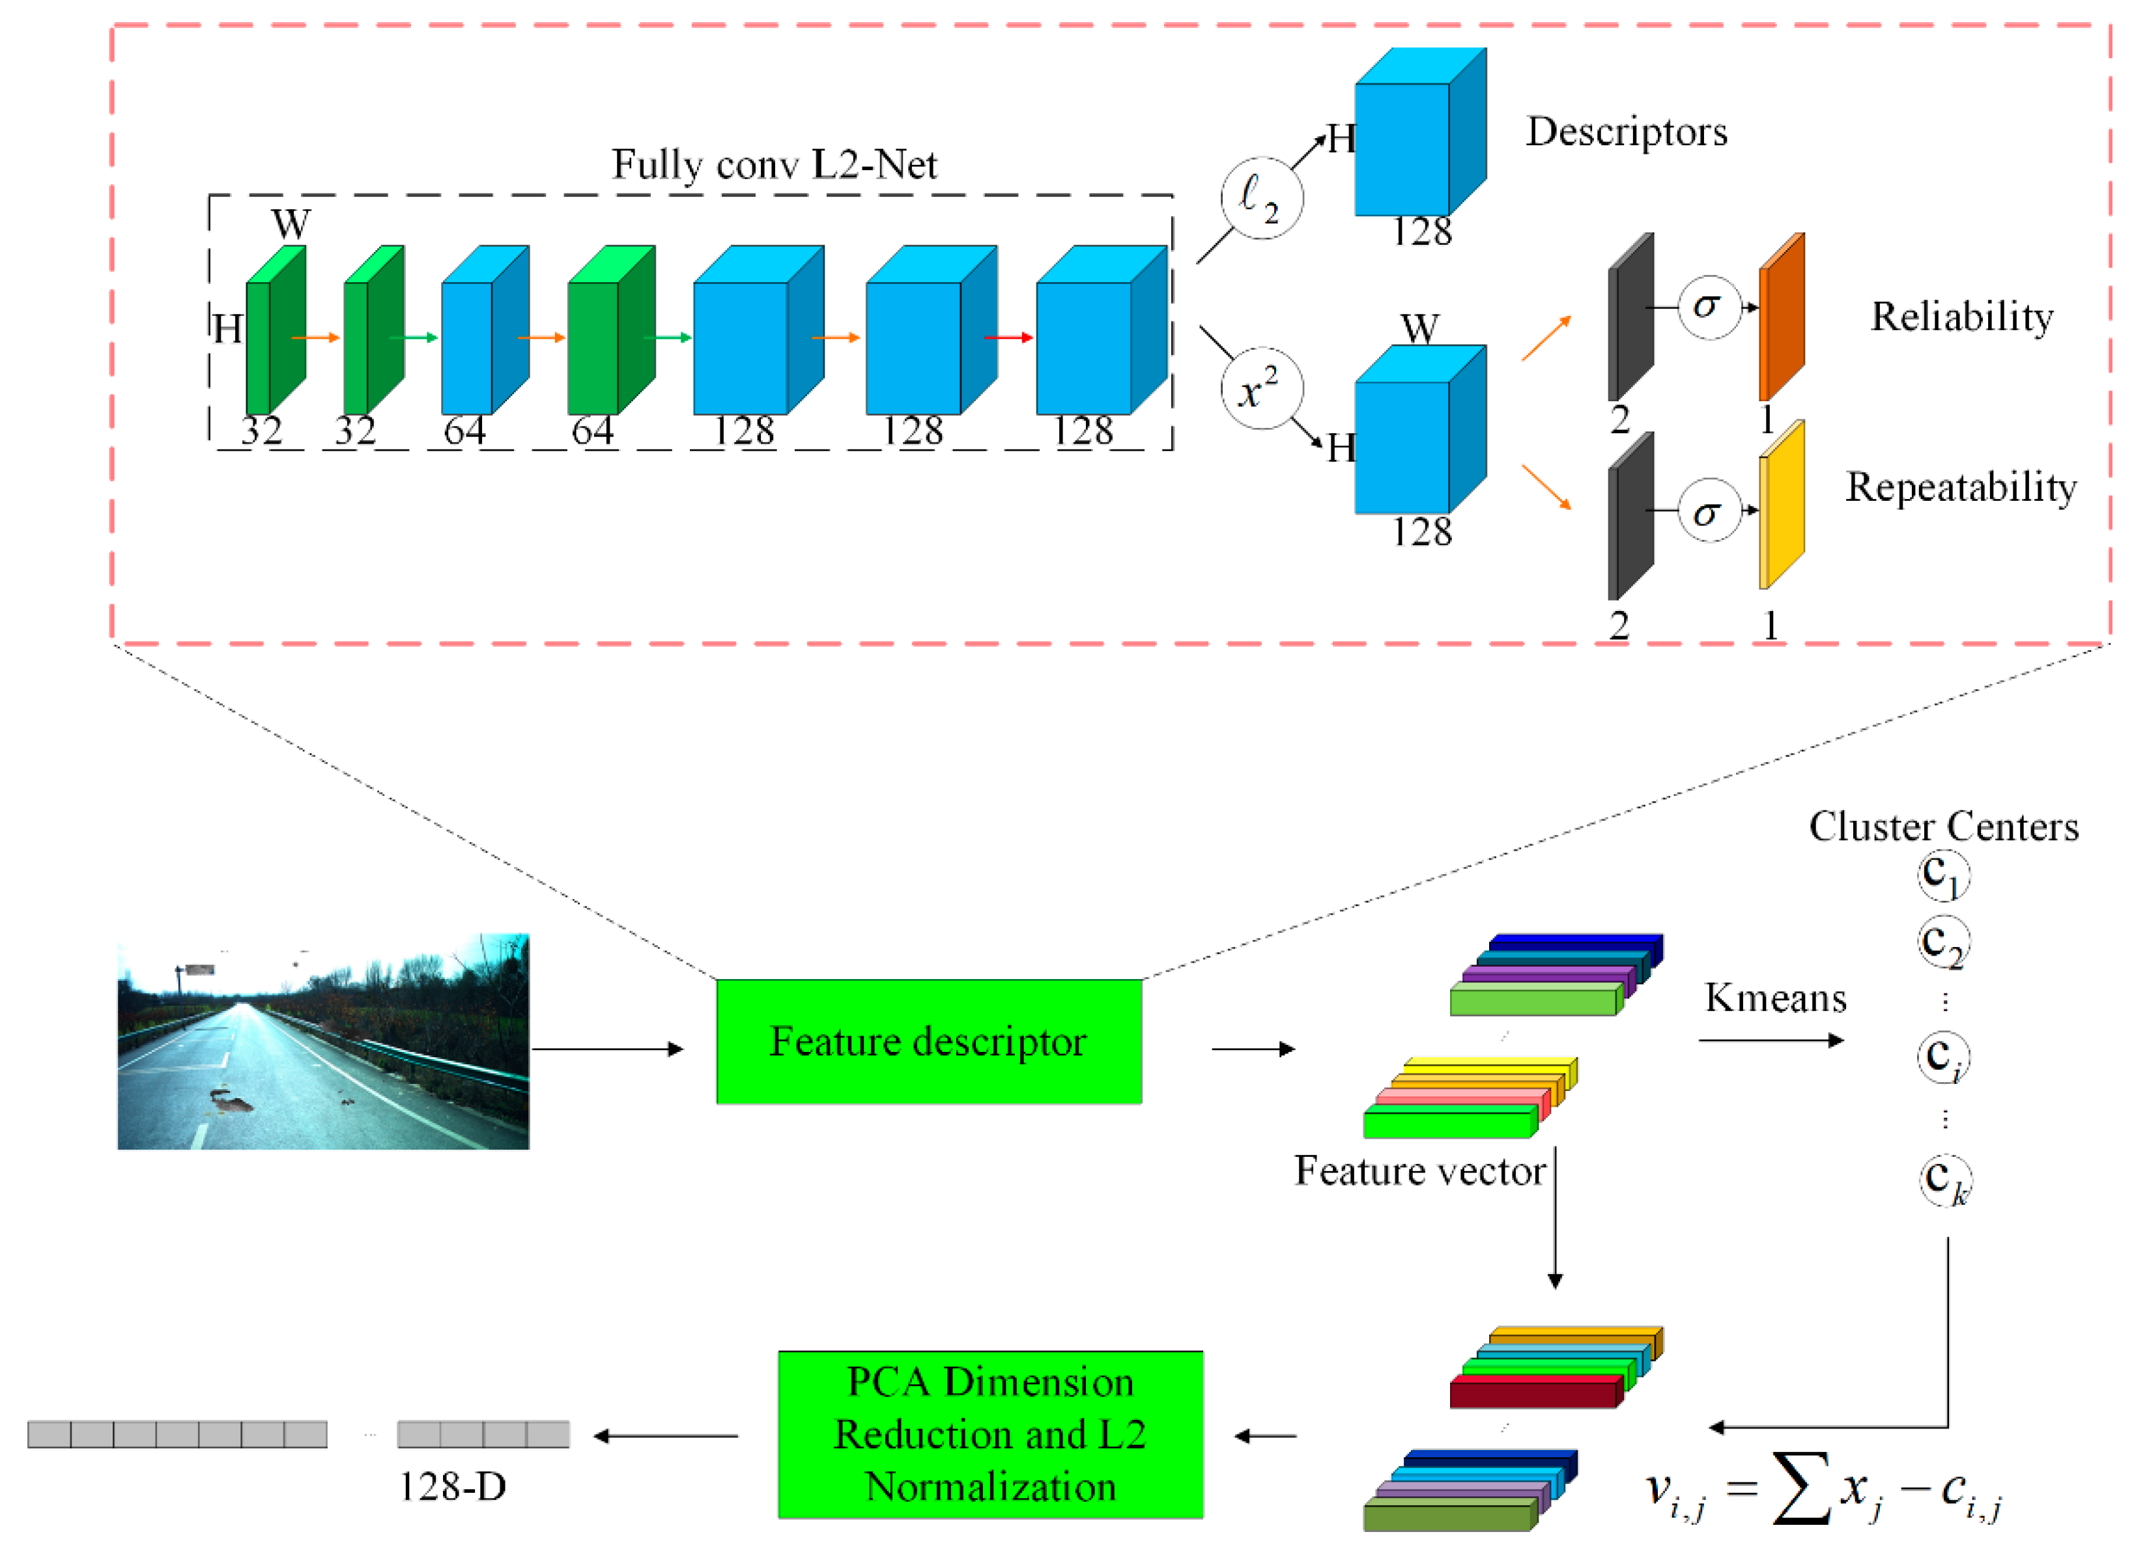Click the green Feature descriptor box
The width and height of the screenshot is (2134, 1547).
[929, 1041]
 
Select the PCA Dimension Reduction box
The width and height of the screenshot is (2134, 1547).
[990, 1434]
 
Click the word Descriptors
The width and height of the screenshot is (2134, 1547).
[1626, 132]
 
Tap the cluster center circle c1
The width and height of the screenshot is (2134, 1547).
[1943, 875]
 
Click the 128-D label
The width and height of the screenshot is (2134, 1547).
[453, 1487]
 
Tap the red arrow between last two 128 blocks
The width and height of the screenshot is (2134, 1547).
[1008, 337]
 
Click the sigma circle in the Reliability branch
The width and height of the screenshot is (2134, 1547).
[1709, 307]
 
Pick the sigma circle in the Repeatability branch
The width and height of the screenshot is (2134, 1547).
[1709, 510]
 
